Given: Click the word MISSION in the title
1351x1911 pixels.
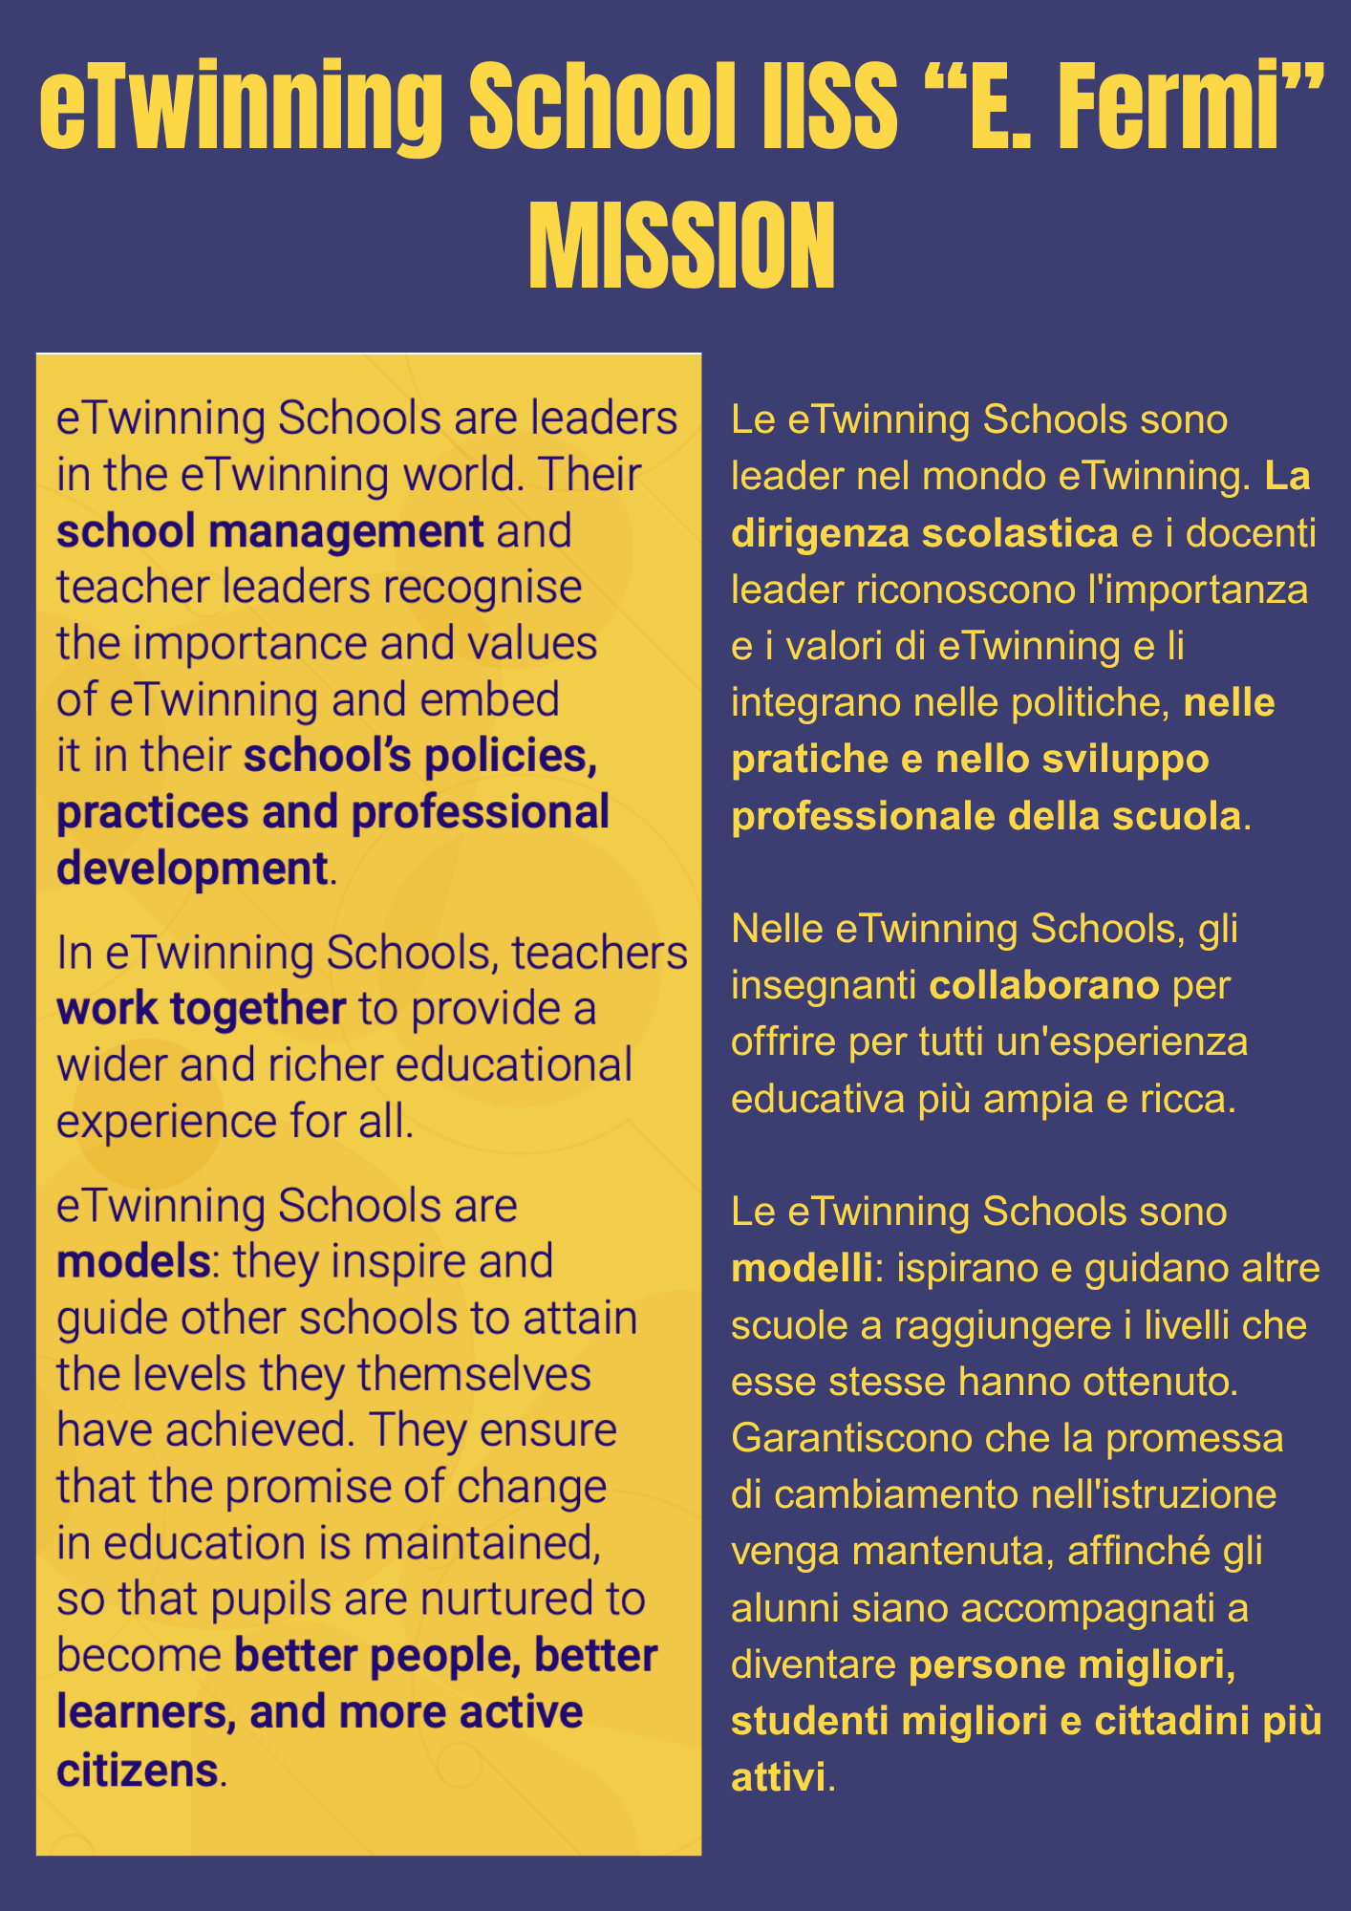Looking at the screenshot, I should tap(681, 246).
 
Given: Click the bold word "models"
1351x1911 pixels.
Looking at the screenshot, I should tap(133, 1262).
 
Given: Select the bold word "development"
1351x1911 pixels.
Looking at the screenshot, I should tap(192, 869).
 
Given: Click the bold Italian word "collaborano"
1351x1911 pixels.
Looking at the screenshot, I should tap(1044, 985).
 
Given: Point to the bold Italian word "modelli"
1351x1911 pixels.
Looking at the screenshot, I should tap(801, 1269).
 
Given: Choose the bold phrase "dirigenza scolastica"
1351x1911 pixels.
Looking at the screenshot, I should tap(924, 533).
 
